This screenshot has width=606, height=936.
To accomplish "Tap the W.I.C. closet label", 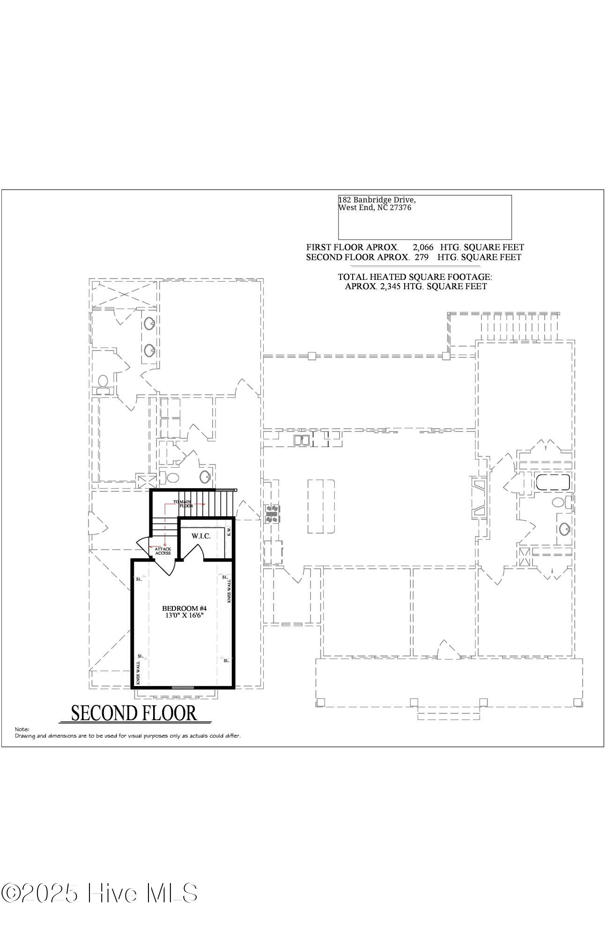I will click(201, 536).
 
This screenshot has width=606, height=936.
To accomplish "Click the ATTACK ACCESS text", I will click(163, 551).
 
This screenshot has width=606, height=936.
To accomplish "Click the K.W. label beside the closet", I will click(229, 531).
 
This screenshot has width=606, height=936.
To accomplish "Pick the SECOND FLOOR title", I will click(134, 713).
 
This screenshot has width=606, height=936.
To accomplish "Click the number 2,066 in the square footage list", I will click(423, 247).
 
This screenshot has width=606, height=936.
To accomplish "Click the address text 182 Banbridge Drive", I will click(377, 200).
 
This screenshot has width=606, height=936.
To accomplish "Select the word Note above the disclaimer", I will click(22, 729).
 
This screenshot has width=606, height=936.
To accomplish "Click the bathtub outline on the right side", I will click(553, 482).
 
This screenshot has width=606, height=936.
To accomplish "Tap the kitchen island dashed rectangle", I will click(321, 506).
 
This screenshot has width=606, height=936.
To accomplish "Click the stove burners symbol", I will click(273, 513).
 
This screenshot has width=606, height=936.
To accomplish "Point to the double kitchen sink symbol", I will click(301, 440).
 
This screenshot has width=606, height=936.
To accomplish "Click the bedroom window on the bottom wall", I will click(183, 687).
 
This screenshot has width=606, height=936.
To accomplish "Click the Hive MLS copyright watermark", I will click(99, 893).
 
